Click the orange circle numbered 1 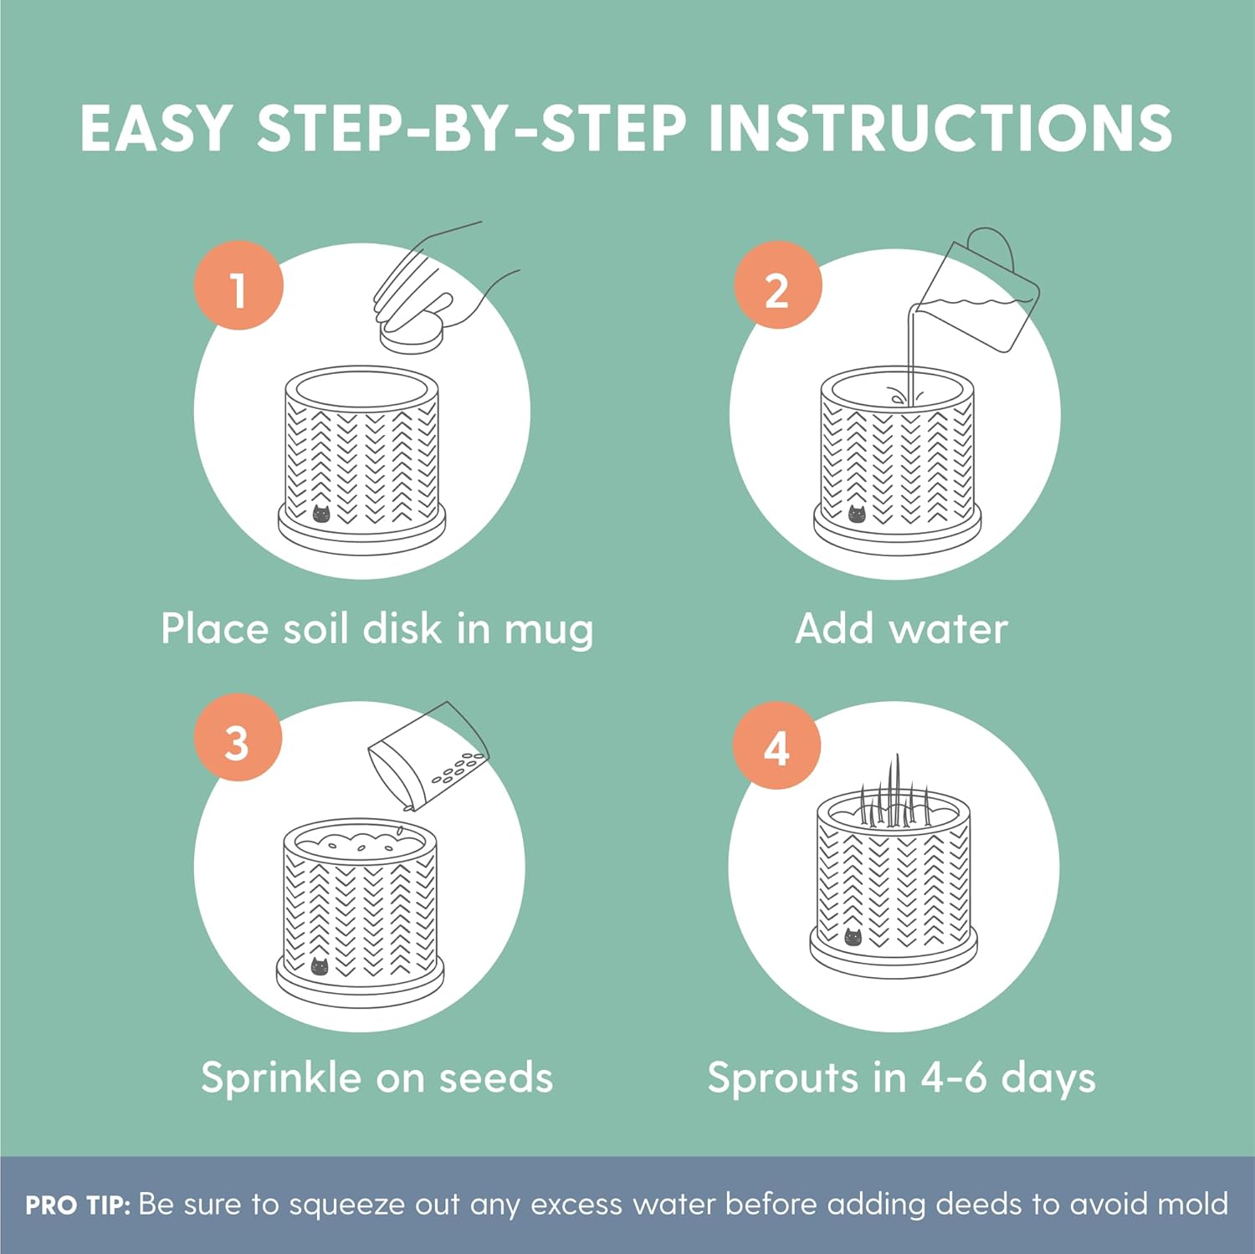tap(238, 285)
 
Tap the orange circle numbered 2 tap(778, 285)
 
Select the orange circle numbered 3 tap(238, 737)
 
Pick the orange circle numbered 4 tap(777, 745)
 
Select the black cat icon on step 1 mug tap(321, 513)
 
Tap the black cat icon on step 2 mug tap(858, 513)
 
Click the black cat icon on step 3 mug tap(320, 966)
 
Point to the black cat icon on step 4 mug tap(853, 937)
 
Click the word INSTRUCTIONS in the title tap(940, 128)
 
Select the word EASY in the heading tap(156, 128)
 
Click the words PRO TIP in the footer tap(78, 1205)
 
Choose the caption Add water tap(901, 628)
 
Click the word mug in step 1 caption tap(549, 631)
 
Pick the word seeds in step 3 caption tap(496, 1077)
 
